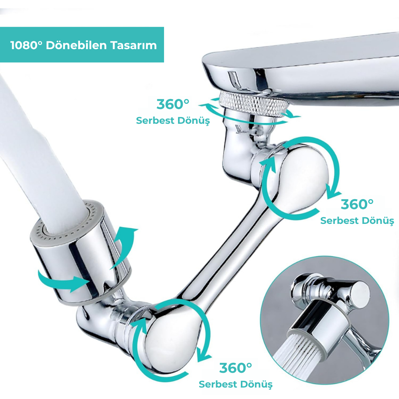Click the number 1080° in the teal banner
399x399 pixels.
26,45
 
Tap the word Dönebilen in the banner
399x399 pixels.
76,45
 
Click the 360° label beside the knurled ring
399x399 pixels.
173,104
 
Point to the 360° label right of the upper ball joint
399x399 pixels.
357,204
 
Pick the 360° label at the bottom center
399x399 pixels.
236,368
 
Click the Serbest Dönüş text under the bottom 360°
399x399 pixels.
236,384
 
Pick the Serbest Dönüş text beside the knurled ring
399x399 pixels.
173,120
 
